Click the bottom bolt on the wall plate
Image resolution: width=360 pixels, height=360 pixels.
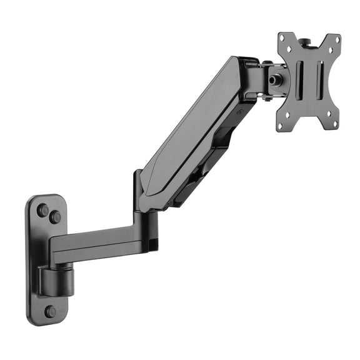(x=49, y=311)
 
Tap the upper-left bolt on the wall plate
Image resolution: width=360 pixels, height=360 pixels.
(x=43, y=210)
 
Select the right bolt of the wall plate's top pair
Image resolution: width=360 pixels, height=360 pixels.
(x=56, y=217)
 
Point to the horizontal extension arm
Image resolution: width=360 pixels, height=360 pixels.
(x=94, y=241)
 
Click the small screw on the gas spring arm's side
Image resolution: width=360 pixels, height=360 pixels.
(x=239, y=113)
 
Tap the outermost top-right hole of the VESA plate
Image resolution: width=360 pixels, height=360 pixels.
(x=337, y=39)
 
